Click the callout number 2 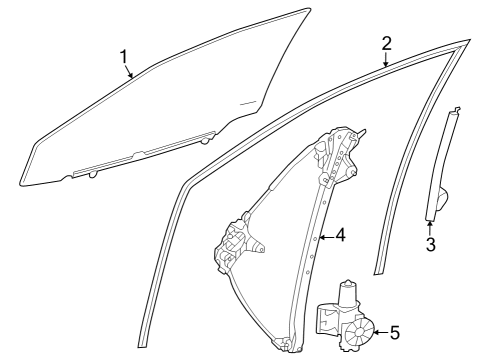click(x=386, y=43)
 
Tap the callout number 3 click(x=431, y=244)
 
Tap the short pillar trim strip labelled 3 click(x=441, y=165)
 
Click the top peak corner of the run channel click(x=466, y=42)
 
